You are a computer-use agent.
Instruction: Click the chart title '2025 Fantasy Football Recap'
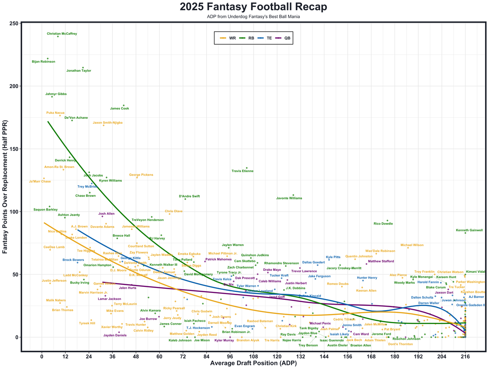(x=253, y=7)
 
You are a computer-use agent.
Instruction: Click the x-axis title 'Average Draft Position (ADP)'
(x=253, y=364)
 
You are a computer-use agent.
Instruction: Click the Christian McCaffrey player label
(x=62, y=34)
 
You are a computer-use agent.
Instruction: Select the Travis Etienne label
(x=243, y=171)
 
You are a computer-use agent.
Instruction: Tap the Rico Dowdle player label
(x=383, y=224)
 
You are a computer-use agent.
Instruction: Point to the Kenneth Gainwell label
(x=469, y=230)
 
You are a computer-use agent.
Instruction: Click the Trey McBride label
(x=87, y=187)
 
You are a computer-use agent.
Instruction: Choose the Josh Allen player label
(x=106, y=214)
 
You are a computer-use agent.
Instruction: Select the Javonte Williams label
(x=289, y=198)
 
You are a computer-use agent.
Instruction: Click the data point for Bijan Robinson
(x=48, y=58)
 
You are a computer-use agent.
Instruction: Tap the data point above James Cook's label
(x=123, y=105)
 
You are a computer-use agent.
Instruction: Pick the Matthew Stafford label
(x=381, y=261)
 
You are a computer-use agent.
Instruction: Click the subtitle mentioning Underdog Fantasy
(x=253, y=17)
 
